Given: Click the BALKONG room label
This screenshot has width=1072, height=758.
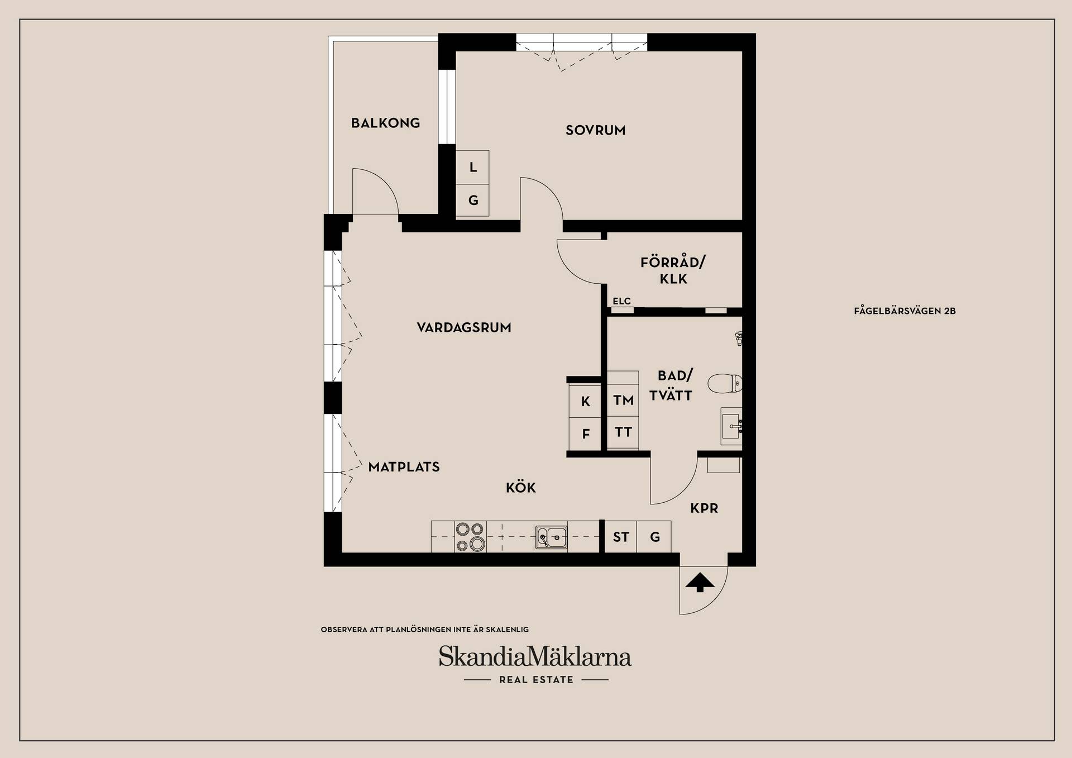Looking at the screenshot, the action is [385, 123].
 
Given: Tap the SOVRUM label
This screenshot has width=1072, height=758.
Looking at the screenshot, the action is [595, 130].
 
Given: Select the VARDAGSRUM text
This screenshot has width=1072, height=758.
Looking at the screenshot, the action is [464, 327].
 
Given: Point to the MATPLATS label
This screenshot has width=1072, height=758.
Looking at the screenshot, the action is [404, 467].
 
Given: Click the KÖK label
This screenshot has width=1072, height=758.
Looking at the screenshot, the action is [521, 487].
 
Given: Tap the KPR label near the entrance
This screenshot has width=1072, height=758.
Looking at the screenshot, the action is [704, 508].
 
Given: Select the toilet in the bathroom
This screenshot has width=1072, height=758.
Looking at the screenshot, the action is [725, 383].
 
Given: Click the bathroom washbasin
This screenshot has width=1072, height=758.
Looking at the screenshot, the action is [731, 426].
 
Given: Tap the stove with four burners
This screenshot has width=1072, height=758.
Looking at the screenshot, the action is [470, 537].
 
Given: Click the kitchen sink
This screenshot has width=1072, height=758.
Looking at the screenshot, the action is [551, 537].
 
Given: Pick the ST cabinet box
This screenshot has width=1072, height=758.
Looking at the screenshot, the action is [621, 537].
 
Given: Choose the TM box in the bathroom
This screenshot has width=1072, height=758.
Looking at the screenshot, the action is [623, 400].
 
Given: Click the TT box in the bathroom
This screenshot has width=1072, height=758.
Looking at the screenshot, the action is [623, 432].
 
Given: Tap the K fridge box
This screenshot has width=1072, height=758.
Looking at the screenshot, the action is [585, 401].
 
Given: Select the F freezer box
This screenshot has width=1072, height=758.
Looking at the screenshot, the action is [585, 434].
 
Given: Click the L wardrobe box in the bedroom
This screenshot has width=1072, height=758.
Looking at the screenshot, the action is [472, 167].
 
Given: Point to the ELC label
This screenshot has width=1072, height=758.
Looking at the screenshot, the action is [621, 301].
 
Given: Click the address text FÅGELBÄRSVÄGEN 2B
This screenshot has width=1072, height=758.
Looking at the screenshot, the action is [904, 311].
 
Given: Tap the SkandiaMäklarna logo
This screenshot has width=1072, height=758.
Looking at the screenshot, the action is [535, 657].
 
